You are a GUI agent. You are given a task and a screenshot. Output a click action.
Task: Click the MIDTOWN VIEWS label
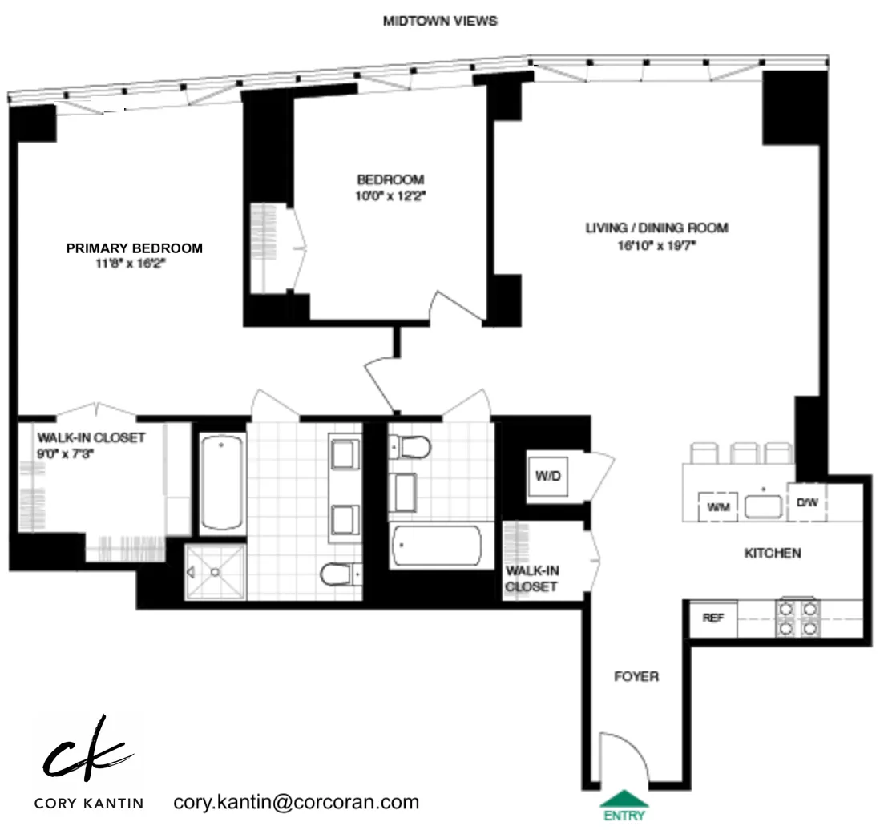click(x=440, y=22)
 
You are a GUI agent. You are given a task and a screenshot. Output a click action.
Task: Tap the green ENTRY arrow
click(x=624, y=800)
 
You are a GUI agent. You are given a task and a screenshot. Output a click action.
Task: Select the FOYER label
click(x=636, y=677)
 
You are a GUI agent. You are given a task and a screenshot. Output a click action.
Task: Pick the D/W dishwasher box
click(x=806, y=503)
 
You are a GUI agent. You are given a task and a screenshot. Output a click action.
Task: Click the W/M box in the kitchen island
click(x=715, y=506)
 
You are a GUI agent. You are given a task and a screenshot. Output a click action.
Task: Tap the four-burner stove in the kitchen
click(x=796, y=618)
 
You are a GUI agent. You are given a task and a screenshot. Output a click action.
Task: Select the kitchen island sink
click(x=762, y=506)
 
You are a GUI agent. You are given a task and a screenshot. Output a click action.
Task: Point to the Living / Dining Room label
click(x=656, y=228)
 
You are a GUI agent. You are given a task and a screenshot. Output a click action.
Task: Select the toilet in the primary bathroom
click(x=337, y=574)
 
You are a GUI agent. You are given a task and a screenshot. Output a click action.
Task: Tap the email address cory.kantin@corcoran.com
click(x=296, y=802)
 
